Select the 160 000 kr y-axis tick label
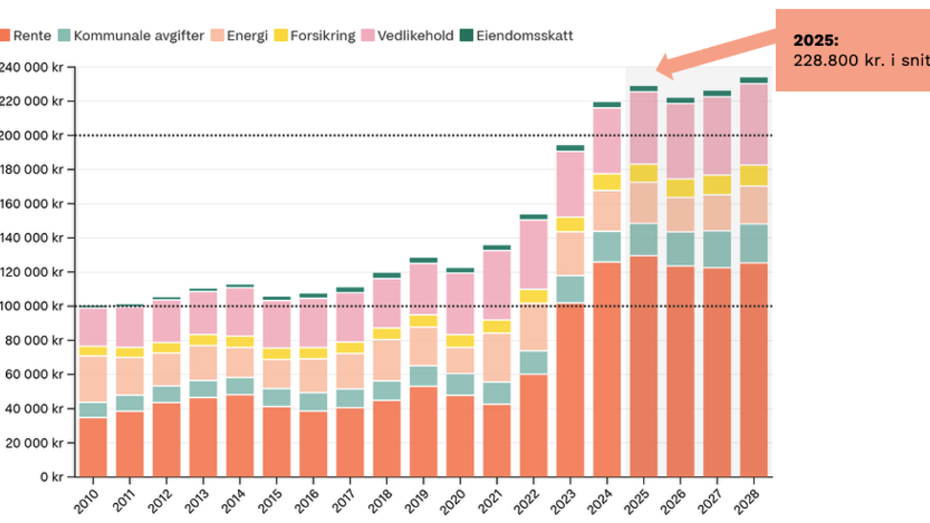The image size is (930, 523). click(x=33, y=204)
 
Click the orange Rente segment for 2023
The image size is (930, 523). click(x=570, y=390)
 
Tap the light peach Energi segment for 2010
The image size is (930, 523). click(x=92, y=379)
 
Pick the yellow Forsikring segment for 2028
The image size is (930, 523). click(x=754, y=176)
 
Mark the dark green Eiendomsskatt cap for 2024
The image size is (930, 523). click(x=607, y=105)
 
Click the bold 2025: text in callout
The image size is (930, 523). click(x=815, y=40)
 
